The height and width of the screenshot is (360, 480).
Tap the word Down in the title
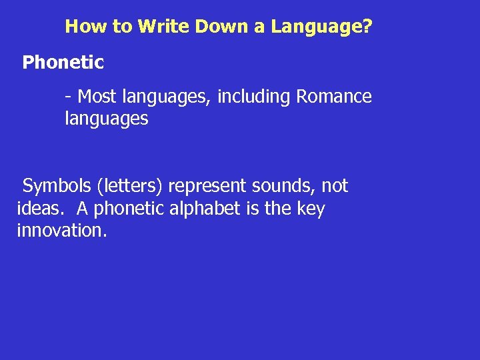pyautogui.click(x=212, y=27)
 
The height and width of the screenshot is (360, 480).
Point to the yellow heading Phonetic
pyautogui.click(x=63, y=63)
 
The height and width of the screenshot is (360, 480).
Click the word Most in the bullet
pyautogui.click(x=97, y=97)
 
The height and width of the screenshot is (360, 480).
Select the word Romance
pyautogui.click(x=334, y=97)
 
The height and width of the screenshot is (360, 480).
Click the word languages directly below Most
pyautogui.click(x=106, y=120)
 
